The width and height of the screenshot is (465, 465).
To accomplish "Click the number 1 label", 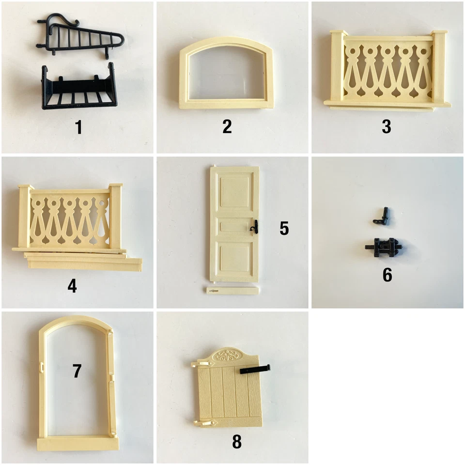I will [x=78, y=127].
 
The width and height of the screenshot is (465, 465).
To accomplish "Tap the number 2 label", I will [x=227, y=126].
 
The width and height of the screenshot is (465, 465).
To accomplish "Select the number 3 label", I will [x=386, y=126].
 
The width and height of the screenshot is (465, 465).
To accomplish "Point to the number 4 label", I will [x=72, y=286].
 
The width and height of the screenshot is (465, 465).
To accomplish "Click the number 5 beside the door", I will [x=284, y=228].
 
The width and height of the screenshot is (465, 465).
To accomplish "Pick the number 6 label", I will [x=387, y=275].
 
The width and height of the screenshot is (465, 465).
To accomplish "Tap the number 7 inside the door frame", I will [x=77, y=371].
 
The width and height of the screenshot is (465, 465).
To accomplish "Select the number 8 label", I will [x=236, y=441].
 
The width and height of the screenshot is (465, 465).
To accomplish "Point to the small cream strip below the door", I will [x=231, y=291].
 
